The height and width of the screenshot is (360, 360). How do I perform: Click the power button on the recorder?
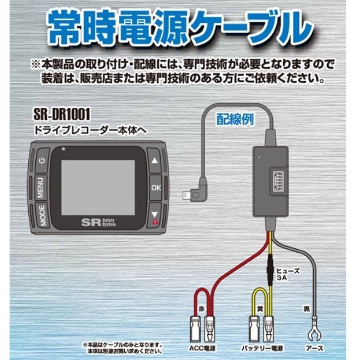tap(42, 160)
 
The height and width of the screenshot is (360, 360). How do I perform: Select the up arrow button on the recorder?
tap(155, 161)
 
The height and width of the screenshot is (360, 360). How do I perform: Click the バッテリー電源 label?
tap(262, 347)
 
